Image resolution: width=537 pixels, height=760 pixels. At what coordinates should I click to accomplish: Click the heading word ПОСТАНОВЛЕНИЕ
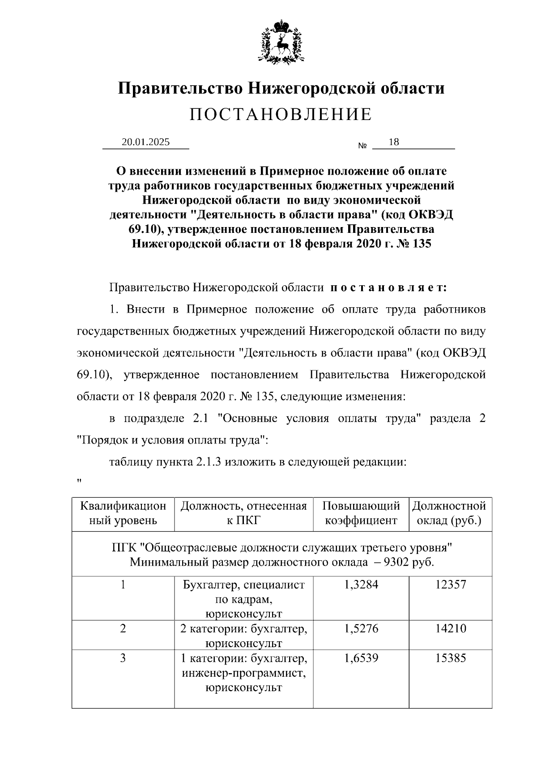pos(281,115)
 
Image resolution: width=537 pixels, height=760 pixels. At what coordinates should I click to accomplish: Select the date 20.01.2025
pos(145,142)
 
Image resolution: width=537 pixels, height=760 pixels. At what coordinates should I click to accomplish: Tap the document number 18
pos(394,142)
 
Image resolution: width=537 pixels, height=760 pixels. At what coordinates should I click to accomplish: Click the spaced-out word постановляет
pos(388,288)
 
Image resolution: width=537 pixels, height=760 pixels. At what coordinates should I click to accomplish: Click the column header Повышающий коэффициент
pos(361,513)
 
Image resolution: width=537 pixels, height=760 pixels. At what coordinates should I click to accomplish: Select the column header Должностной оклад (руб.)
pos(449,513)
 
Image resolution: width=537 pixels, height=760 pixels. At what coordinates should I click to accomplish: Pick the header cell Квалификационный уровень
pos(123,513)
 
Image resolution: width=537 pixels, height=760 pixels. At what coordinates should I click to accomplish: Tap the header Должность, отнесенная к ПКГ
pos(244,513)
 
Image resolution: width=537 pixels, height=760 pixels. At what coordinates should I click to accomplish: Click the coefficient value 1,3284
pos(361,584)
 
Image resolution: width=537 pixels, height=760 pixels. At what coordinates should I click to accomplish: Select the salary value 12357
pos(451,584)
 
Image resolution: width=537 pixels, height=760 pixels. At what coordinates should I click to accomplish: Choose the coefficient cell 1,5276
pos(361,629)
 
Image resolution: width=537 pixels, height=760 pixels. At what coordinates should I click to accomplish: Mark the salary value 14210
pos(451,629)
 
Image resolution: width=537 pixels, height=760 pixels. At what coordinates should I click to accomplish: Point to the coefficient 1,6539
pos(361,658)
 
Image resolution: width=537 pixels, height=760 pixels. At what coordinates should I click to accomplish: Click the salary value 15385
pos(451,658)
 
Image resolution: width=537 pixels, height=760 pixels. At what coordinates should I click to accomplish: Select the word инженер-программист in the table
pos(244,673)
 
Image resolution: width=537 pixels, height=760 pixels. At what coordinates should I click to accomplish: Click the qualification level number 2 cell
pos(123,629)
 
